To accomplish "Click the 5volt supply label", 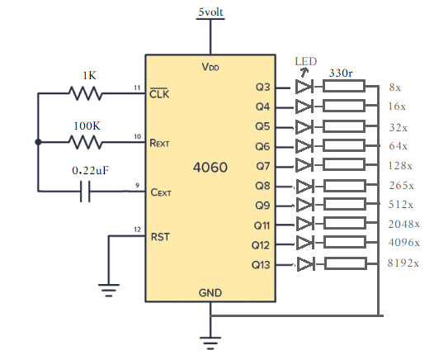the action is [210, 12].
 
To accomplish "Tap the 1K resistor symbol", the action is [85, 93].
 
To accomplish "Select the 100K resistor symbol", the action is [85, 142].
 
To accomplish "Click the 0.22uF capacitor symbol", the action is [85, 191].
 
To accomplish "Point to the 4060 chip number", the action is [210, 168].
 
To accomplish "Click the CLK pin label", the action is [159, 93].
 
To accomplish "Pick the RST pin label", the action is [160, 237].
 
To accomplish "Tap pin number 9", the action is [137, 185].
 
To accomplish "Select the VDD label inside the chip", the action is [210, 67].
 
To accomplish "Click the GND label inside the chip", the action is [210, 293].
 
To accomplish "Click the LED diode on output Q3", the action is [304, 87].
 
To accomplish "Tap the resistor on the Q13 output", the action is [346, 263].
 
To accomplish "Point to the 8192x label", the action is [403, 263].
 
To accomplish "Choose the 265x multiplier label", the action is [401, 185].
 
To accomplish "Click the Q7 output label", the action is [263, 166].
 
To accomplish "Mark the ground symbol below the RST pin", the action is [109, 290].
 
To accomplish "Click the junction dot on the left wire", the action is [38, 142].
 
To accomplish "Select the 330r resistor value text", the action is [341, 73].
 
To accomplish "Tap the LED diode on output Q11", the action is [304, 224].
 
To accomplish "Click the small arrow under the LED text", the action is [304, 73].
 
